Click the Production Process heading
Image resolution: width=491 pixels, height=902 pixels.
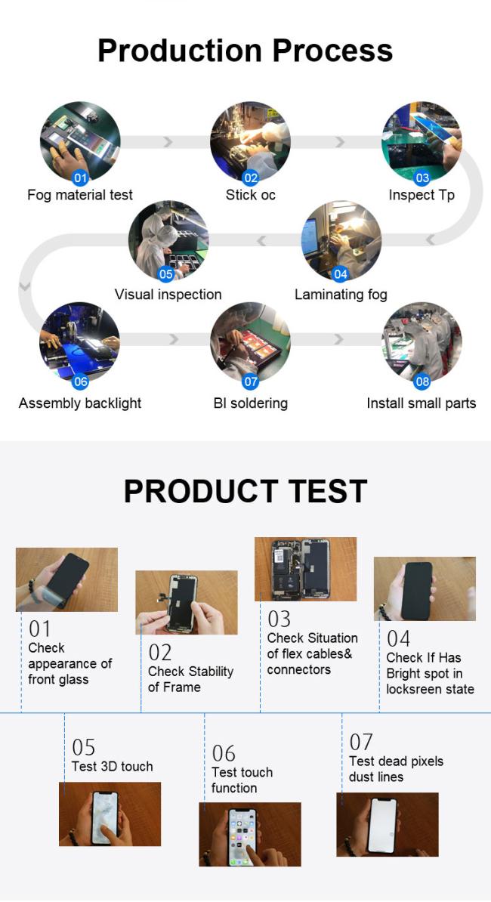coord(246,51)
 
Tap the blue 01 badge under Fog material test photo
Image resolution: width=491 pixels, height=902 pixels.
coord(81,178)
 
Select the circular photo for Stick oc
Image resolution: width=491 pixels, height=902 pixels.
coord(250,141)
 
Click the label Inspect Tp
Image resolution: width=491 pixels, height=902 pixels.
coord(422,195)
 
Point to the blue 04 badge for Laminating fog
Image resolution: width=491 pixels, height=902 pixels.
coord(341,274)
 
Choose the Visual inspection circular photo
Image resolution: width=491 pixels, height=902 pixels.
coord(168,240)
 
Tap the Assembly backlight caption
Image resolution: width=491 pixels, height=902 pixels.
coord(80,403)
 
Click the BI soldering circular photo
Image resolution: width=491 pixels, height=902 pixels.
coord(250,342)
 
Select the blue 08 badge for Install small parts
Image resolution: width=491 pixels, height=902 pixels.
coord(422,381)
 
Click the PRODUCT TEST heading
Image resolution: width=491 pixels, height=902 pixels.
coord(246,491)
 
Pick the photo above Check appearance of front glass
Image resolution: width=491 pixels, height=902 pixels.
coord(66,579)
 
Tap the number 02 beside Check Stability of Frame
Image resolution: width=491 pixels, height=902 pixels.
coord(160,653)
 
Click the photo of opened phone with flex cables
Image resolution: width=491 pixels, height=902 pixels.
coord(305,570)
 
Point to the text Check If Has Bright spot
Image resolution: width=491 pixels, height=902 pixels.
coord(424,666)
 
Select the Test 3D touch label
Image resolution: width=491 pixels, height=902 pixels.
coord(112,766)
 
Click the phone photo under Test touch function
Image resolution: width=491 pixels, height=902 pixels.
coord(249,834)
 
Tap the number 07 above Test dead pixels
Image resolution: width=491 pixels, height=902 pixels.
coord(361,742)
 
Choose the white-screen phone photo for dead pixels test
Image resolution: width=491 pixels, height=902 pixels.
coord(388,824)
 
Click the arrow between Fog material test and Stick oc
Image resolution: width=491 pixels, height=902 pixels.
coord(167,142)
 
